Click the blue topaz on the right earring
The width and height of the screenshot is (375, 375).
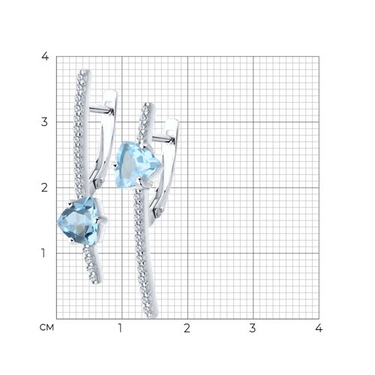coord(136,165)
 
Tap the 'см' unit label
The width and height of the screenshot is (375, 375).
coord(46,327)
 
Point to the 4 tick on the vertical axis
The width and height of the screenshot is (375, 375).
coord(45,56)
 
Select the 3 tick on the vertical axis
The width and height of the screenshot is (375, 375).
coord(44,122)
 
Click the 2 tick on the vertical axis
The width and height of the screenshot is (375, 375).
coord(44,187)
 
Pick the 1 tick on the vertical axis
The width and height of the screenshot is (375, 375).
coord(43,253)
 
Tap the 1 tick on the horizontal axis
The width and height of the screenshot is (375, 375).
coord(121,328)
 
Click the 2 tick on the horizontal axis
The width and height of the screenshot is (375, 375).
coord(187,328)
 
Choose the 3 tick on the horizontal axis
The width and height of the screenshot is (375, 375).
coord(253,328)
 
